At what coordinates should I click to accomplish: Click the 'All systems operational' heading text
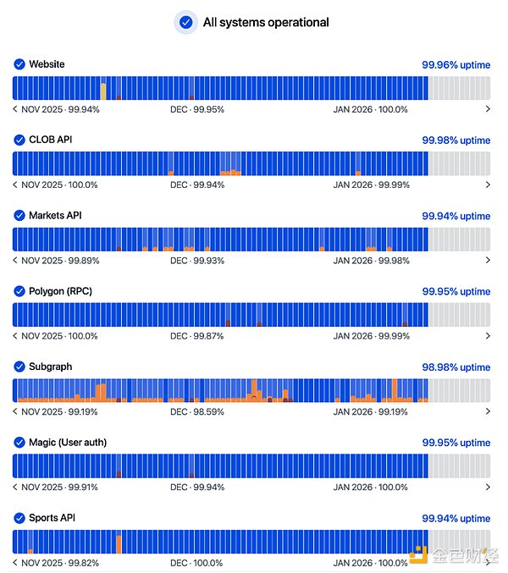click(x=266, y=23)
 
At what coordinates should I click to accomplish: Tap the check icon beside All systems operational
click(x=185, y=23)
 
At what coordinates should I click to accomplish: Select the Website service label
click(x=47, y=64)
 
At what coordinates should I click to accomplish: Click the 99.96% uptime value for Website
click(x=456, y=64)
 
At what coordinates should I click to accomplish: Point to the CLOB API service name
click(x=51, y=140)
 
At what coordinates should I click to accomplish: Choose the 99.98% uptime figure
click(x=456, y=140)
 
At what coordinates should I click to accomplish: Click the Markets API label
click(x=55, y=216)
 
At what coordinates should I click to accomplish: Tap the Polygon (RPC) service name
click(x=60, y=291)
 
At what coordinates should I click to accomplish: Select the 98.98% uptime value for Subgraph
click(x=456, y=367)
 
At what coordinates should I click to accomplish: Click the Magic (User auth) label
click(x=68, y=443)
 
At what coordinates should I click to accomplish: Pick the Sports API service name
click(x=52, y=518)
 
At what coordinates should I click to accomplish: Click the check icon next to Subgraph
click(x=19, y=367)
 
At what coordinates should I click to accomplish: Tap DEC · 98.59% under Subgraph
click(x=197, y=412)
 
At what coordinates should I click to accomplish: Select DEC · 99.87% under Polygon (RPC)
click(x=197, y=336)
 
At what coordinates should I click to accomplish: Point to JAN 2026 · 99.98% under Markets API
click(x=370, y=261)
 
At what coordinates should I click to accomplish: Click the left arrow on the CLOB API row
click(x=15, y=185)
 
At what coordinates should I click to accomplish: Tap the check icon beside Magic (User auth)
click(x=19, y=443)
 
